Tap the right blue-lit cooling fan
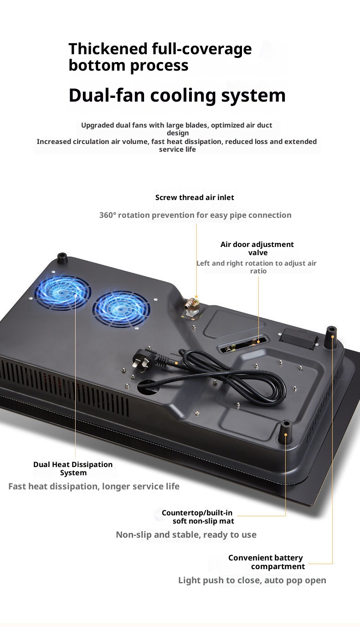121,308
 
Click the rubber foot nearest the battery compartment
331,335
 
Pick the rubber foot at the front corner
285,429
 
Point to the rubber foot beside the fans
62,259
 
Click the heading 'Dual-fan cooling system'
177,95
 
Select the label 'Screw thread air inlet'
195,197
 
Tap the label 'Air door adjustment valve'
257,248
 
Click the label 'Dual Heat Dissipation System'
73,468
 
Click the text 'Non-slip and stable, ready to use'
186,534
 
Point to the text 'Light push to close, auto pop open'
252,580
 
